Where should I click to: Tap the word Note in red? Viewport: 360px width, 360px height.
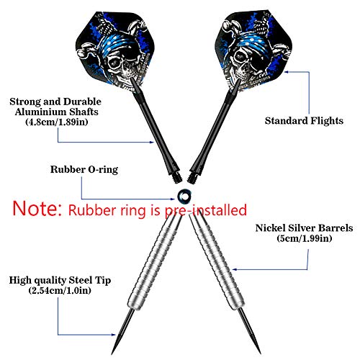pyautogui.click(x=37, y=208)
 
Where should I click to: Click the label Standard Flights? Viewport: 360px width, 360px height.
pyautogui.click(x=304, y=120)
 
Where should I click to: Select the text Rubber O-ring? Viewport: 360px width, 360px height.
pyautogui.click(x=84, y=169)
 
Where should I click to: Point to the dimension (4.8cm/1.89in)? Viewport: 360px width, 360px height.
pyautogui.click(x=57, y=122)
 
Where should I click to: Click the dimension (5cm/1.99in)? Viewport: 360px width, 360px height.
pyautogui.click(x=305, y=238)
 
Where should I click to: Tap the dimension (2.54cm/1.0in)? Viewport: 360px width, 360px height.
pyautogui.click(x=60, y=291)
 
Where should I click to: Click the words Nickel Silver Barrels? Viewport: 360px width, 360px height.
pyautogui.click(x=304, y=228)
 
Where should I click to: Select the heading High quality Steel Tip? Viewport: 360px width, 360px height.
pyautogui.click(x=60, y=280)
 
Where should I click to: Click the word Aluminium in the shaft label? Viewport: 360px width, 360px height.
pyautogui.click(x=40, y=112)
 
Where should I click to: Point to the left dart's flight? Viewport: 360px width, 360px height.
pyautogui.click(x=115, y=50)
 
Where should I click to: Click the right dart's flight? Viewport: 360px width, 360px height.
pyautogui.click(x=253, y=50)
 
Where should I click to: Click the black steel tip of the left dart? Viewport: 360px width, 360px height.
pyautogui.click(x=123, y=331)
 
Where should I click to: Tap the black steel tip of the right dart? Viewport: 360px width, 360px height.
pyautogui.click(x=250, y=331)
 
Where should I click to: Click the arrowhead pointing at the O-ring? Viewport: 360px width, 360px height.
pyautogui.click(x=172, y=199)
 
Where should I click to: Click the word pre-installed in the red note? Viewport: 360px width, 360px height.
pyautogui.click(x=206, y=210)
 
